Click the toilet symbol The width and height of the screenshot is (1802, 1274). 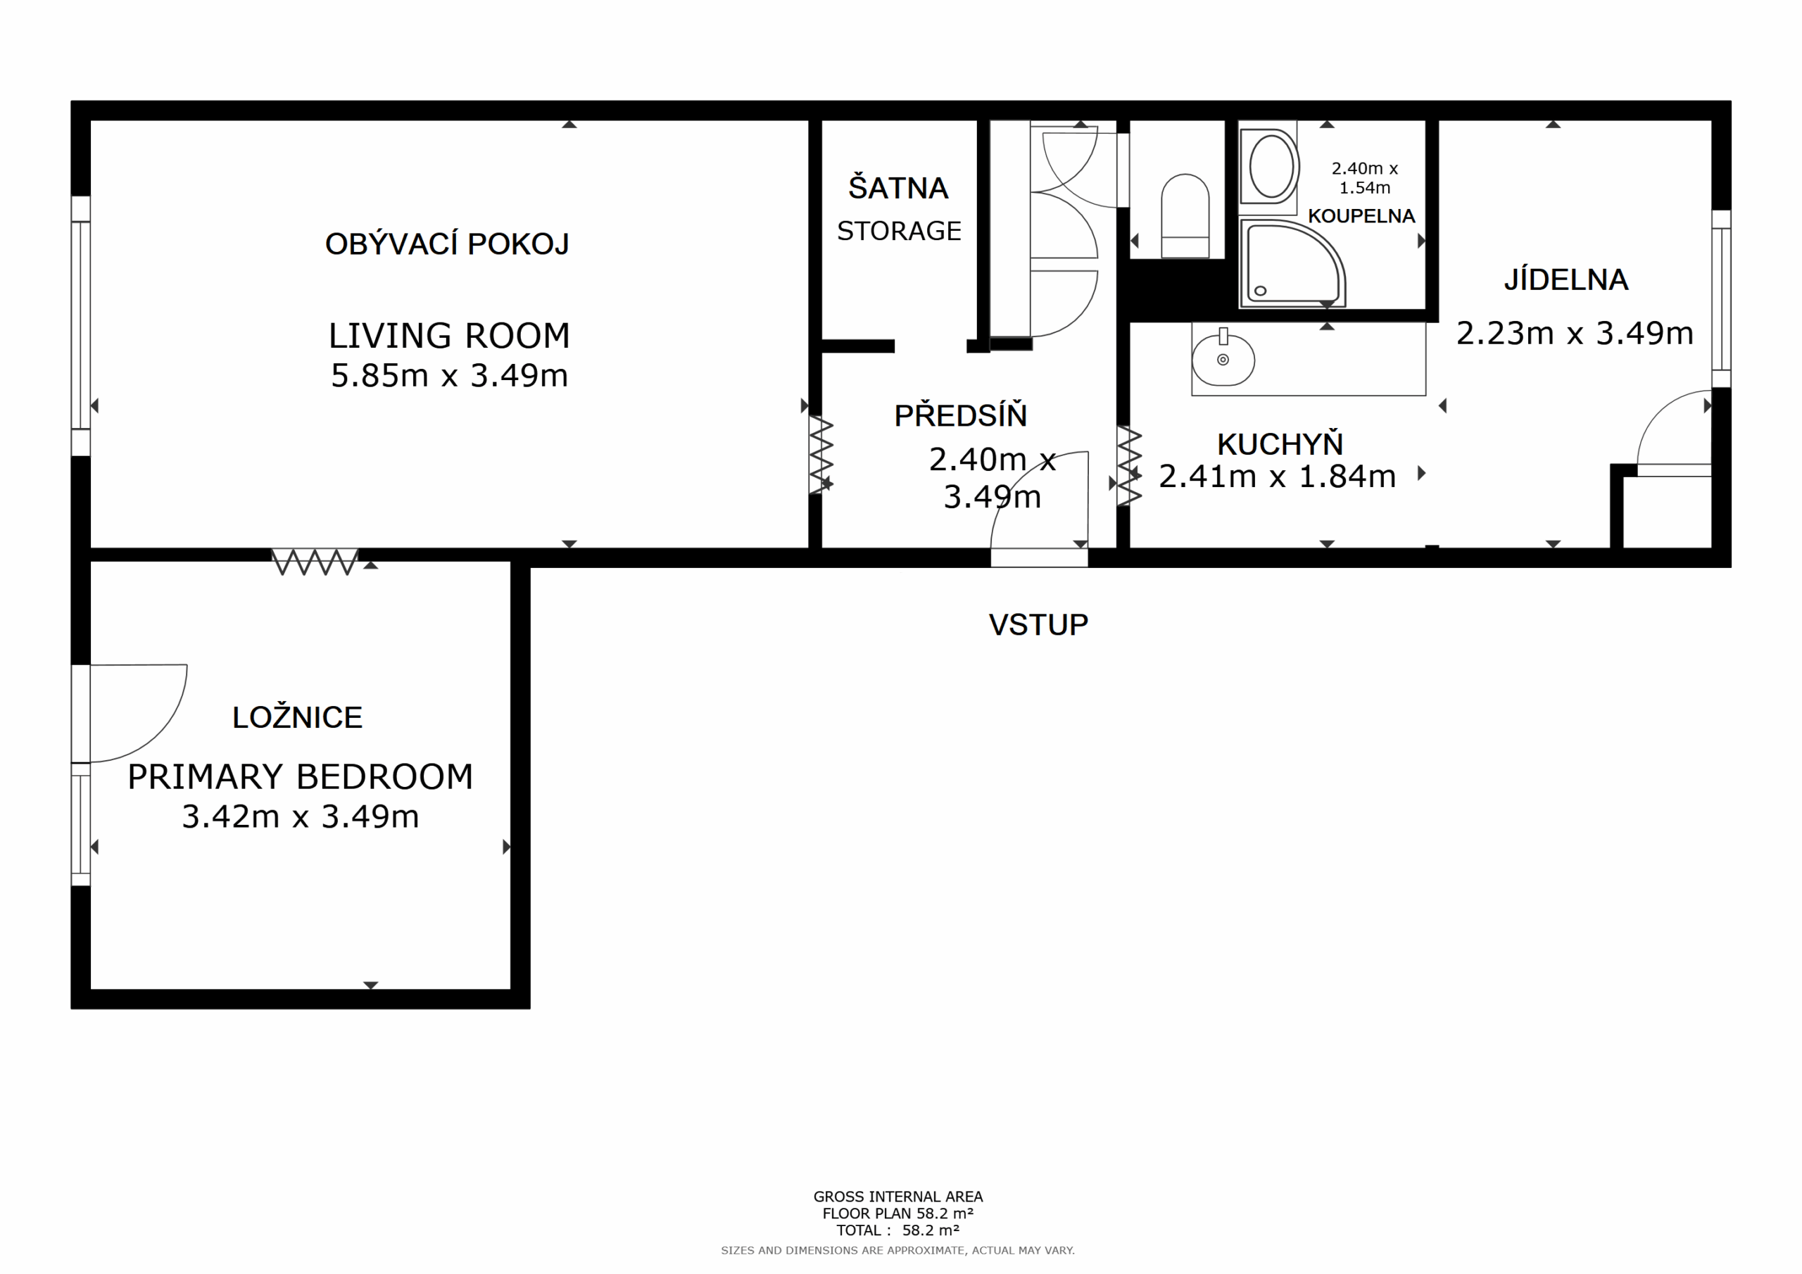(x=1185, y=216)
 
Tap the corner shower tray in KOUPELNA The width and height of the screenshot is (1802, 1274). (x=1292, y=264)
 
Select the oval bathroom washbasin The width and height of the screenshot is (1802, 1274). (x=1271, y=166)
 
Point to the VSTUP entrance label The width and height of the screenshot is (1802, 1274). (x=1038, y=625)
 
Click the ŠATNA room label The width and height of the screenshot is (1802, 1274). (x=899, y=188)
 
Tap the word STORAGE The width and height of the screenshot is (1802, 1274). (x=899, y=231)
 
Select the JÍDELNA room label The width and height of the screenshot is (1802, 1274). (x=1565, y=279)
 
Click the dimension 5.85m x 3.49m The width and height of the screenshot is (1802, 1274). (x=449, y=375)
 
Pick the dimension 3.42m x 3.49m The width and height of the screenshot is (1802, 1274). (x=301, y=816)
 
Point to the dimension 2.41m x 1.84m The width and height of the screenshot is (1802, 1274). (x=1277, y=477)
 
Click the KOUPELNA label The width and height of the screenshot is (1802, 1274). (x=1361, y=216)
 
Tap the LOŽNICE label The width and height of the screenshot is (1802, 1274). (x=298, y=717)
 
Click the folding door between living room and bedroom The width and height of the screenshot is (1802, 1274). (x=315, y=562)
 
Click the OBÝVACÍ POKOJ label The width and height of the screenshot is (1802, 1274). (x=448, y=244)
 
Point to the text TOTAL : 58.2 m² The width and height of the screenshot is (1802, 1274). (x=898, y=1230)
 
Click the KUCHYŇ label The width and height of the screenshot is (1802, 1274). (x=1280, y=443)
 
